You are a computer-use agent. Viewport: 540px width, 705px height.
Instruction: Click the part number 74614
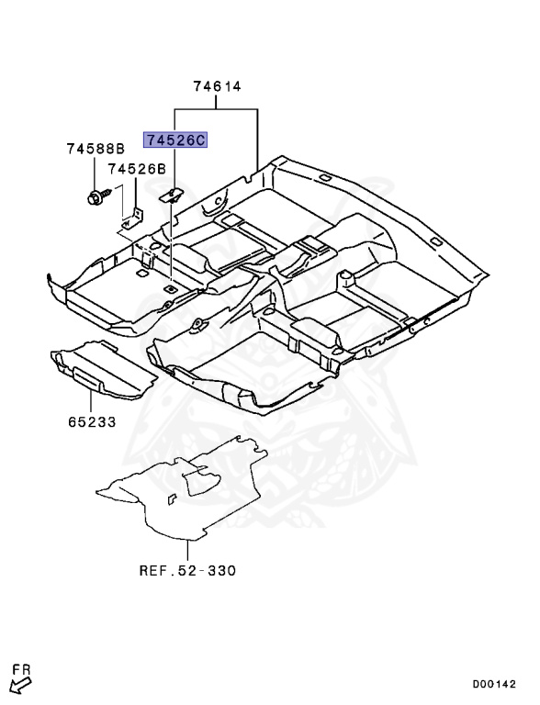[217, 87]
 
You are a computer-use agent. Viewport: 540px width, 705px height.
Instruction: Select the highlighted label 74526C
[174, 140]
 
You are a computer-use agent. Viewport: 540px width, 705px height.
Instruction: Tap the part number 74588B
[96, 149]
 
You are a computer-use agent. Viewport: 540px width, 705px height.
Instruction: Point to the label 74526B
[136, 169]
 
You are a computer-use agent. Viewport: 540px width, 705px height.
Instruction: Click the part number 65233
[93, 424]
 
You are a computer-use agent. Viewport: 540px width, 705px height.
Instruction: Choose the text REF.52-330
[187, 570]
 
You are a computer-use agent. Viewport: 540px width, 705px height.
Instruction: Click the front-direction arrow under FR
[17, 686]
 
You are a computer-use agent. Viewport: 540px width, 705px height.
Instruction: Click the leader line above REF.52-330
[186, 550]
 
